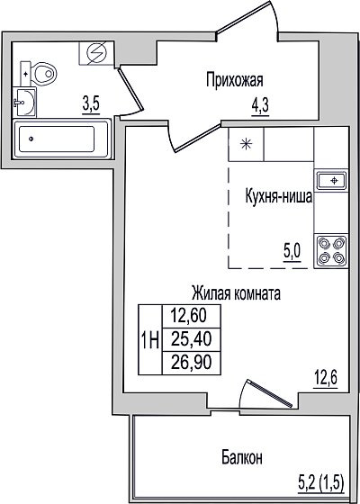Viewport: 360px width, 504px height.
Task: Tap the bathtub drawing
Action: tap(61, 139)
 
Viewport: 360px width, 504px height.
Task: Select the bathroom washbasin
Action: tap(24, 103)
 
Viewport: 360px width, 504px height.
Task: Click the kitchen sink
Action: tap(332, 181)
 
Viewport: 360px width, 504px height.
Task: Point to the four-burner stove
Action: tap(332, 251)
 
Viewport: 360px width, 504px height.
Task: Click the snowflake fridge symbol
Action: tap(246, 144)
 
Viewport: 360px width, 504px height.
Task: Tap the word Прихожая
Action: tap(235, 80)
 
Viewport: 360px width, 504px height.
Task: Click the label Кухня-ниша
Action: tap(279, 197)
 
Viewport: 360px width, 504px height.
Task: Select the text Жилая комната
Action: tap(236, 293)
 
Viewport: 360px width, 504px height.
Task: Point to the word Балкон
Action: tap(242, 457)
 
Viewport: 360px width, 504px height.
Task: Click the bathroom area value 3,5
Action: tap(91, 105)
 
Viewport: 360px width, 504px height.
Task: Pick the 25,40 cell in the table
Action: tap(191, 340)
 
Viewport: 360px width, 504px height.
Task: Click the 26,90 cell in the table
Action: tap(191, 363)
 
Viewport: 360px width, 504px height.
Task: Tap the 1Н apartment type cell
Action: tap(150, 339)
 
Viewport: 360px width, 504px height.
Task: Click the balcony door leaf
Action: tap(269, 393)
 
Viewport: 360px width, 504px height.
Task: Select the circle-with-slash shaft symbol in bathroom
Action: tap(97, 53)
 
